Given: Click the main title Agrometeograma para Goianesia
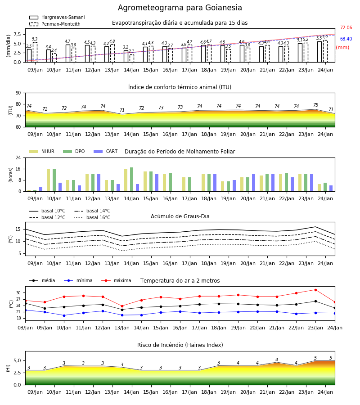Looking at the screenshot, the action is (180, 8).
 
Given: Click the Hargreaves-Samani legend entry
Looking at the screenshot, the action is (57, 17).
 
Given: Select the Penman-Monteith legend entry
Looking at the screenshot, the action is (55, 24).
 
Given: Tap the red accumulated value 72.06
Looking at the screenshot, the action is (346, 27).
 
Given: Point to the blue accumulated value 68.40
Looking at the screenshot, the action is (346, 39).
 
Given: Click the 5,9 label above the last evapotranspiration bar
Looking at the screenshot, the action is (325, 37).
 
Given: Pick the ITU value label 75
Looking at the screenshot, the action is (315, 105).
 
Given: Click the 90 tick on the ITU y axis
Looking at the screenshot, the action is (18, 93).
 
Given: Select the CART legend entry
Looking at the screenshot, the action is (106, 151).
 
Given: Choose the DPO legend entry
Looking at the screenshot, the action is (74, 151).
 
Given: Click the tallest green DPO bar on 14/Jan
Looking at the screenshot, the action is (132, 179).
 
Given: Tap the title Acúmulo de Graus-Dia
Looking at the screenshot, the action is (180, 216).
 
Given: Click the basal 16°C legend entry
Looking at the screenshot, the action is (92, 217).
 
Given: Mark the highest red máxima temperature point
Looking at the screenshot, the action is (315, 290).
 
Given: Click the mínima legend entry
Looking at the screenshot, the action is (78, 280).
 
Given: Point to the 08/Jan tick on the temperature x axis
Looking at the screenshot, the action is (25, 328).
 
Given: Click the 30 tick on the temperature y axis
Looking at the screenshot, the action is (18, 293).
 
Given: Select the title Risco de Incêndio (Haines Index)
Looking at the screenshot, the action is (180, 345).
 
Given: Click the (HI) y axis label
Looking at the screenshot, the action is (8, 368).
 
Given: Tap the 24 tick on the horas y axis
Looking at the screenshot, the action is (18, 157).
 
